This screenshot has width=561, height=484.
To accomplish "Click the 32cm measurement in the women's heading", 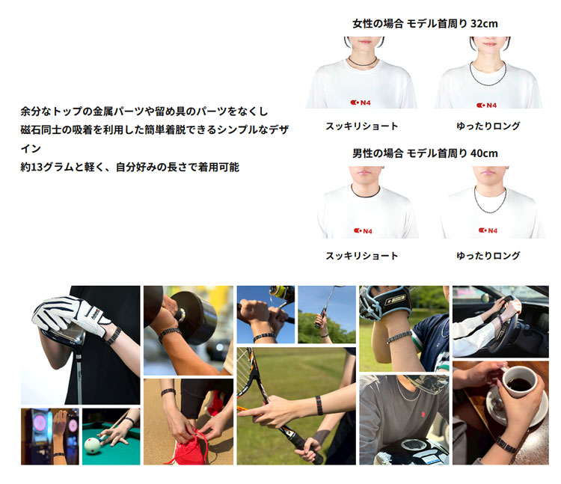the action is (484, 24).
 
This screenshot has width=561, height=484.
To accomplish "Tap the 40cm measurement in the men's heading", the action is (484, 153).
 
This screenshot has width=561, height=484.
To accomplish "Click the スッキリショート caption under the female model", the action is (362, 126).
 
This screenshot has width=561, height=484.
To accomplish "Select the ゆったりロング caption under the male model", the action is (488, 255).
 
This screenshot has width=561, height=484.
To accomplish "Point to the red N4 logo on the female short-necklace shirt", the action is (361, 102).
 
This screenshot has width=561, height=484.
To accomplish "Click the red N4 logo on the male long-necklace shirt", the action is (488, 230).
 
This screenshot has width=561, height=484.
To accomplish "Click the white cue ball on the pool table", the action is (93, 446).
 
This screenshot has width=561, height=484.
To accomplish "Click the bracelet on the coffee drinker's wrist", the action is (506, 444).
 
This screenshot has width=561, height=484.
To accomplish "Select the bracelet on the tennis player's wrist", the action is (319, 405).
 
